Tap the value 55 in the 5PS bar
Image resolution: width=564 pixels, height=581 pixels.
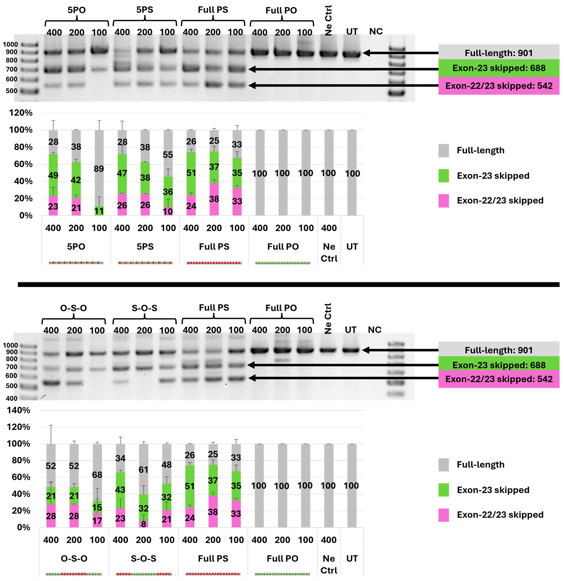tap(168, 155)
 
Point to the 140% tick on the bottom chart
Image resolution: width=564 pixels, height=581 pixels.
tap(18, 410)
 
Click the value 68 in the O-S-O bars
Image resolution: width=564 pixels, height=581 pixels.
tap(97, 475)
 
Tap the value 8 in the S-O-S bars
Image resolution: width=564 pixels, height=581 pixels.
tap(143, 524)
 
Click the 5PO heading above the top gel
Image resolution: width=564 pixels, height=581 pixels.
tap(76, 10)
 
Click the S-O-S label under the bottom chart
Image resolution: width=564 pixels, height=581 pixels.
tap(143, 558)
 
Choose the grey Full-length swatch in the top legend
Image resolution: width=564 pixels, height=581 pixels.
tap(444, 151)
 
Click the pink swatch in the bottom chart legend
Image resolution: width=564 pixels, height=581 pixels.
tap(444, 515)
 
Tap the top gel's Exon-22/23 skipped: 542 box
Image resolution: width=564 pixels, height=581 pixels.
tap(499, 86)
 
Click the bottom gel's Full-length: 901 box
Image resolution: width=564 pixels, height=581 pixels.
tap(499, 350)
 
